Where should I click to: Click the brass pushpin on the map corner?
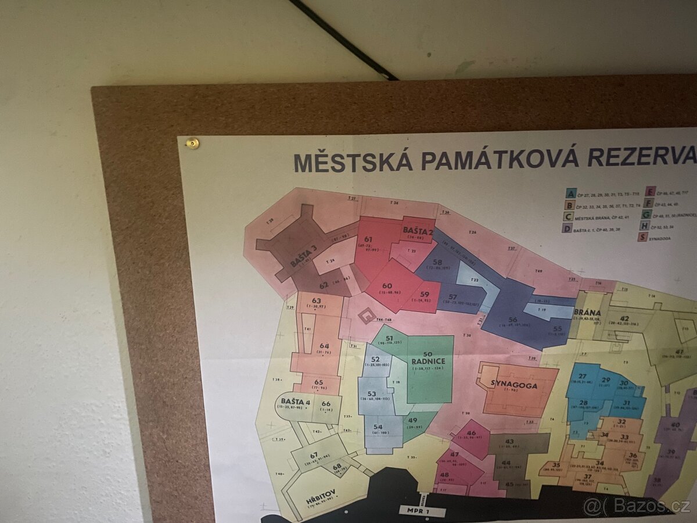(x=191, y=142)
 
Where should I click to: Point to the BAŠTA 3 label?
(x=304, y=256)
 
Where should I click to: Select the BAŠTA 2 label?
(x=418, y=231)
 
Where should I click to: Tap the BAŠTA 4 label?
(x=295, y=402)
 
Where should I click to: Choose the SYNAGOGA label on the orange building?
(x=513, y=385)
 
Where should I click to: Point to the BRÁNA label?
(x=587, y=312)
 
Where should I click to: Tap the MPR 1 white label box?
(x=422, y=511)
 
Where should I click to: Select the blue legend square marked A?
(x=572, y=194)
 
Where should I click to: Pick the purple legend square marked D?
(x=566, y=229)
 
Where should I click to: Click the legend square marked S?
(x=642, y=237)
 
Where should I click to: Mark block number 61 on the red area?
(x=368, y=239)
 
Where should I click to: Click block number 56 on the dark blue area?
(x=512, y=320)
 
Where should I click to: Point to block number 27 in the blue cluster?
(x=582, y=377)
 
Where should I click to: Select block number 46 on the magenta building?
(x=471, y=432)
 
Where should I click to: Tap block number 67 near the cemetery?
(x=314, y=455)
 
